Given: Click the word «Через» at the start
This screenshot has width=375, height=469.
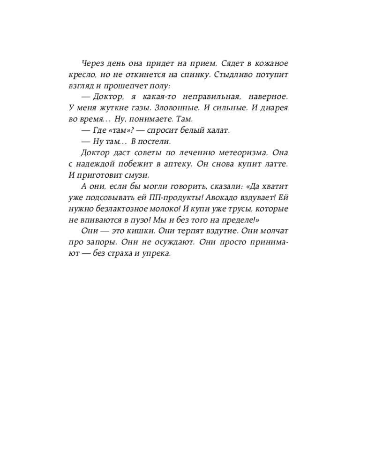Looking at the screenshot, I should pos(92,64).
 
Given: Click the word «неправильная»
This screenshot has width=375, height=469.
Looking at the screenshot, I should pos(206,97).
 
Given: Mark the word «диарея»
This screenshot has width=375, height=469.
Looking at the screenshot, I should pos(273,107).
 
